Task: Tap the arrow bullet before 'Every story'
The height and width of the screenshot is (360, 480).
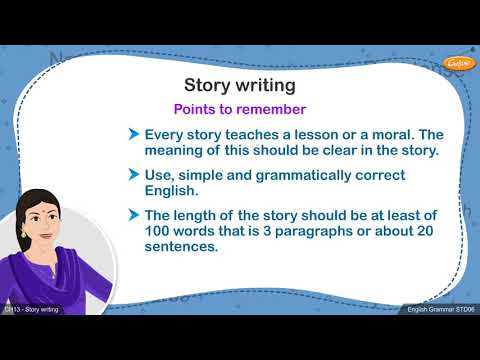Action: (133, 134)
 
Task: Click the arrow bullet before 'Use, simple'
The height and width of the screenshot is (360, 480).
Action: (133, 175)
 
